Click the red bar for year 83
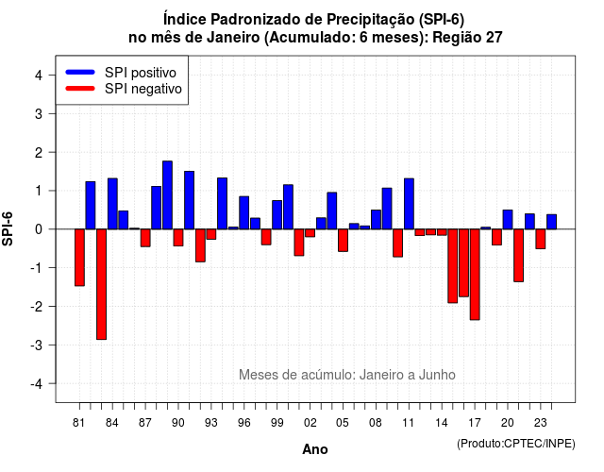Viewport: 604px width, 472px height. [101, 284]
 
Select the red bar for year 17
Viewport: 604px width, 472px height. [475, 275]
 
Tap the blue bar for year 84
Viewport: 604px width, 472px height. [112, 204]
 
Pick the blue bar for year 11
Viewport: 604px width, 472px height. [409, 204]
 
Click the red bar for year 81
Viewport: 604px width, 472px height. [79, 258]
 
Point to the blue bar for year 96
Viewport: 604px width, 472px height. [244, 212]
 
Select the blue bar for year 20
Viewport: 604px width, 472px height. [508, 220]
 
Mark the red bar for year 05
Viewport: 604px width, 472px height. [343, 241]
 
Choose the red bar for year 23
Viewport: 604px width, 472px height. [541, 239]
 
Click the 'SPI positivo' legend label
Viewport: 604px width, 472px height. [141, 73]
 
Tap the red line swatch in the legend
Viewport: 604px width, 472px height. [80, 89]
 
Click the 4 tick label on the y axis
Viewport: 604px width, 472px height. [39, 76]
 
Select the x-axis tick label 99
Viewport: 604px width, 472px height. [277, 423]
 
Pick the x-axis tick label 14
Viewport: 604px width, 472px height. [442, 423]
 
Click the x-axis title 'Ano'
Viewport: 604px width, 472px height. [315, 449]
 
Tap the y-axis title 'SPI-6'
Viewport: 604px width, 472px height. [8, 228]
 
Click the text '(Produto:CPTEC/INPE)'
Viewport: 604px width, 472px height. [516, 444]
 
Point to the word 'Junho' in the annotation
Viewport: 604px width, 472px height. [437, 375]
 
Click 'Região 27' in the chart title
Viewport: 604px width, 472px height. [467, 38]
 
